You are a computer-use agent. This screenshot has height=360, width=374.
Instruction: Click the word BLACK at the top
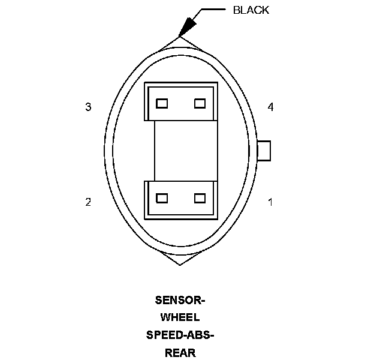(251, 10)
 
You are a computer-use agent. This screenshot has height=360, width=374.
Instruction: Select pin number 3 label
(88, 107)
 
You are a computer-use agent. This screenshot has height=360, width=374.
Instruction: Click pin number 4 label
(270, 107)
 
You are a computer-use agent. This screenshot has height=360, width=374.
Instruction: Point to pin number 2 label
(88, 202)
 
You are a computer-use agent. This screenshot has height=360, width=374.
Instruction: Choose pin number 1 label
(270, 202)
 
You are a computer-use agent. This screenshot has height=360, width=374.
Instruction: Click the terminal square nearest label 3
(161, 103)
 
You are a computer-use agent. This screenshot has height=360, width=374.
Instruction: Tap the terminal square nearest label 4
(200, 103)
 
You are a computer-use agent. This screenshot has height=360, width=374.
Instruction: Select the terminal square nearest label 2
(161, 198)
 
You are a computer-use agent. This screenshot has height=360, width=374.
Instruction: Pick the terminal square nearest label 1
(200, 198)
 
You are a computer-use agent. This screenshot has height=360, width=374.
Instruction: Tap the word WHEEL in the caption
(180, 317)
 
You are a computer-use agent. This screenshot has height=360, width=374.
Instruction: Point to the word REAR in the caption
(180, 353)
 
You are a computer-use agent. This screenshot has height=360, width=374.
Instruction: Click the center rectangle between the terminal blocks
(180, 151)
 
